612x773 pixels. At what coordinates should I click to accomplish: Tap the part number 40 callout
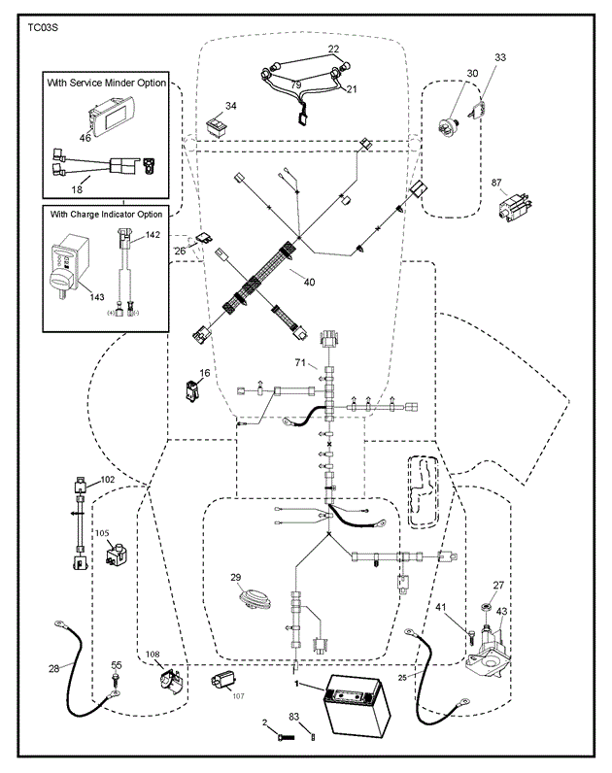pos(309,283)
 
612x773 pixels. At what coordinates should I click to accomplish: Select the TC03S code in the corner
pos(42,29)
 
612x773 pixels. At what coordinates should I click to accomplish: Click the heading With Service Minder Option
pos(107,83)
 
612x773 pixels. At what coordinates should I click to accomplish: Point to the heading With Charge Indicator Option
pos(107,214)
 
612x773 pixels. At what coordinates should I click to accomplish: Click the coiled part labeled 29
pos(255,595)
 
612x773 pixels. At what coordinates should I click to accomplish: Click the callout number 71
pos(301,363)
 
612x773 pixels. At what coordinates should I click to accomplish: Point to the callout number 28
pos(52,667)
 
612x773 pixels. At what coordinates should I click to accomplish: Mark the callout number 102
pos(107,480)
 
